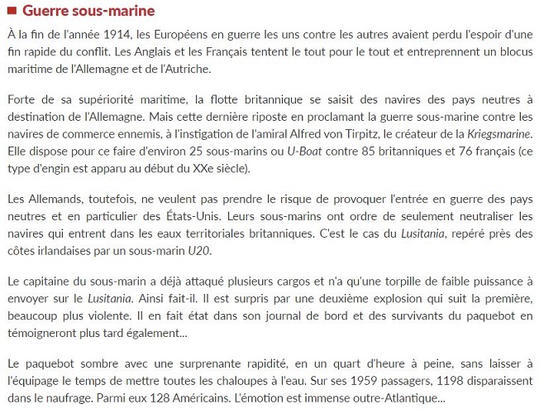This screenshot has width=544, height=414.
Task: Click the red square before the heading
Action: pyautogui.click(x=11, y=12)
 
